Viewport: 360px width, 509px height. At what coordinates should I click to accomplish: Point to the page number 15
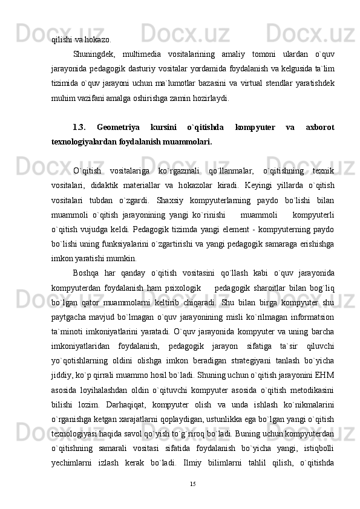tap(193, 484)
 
